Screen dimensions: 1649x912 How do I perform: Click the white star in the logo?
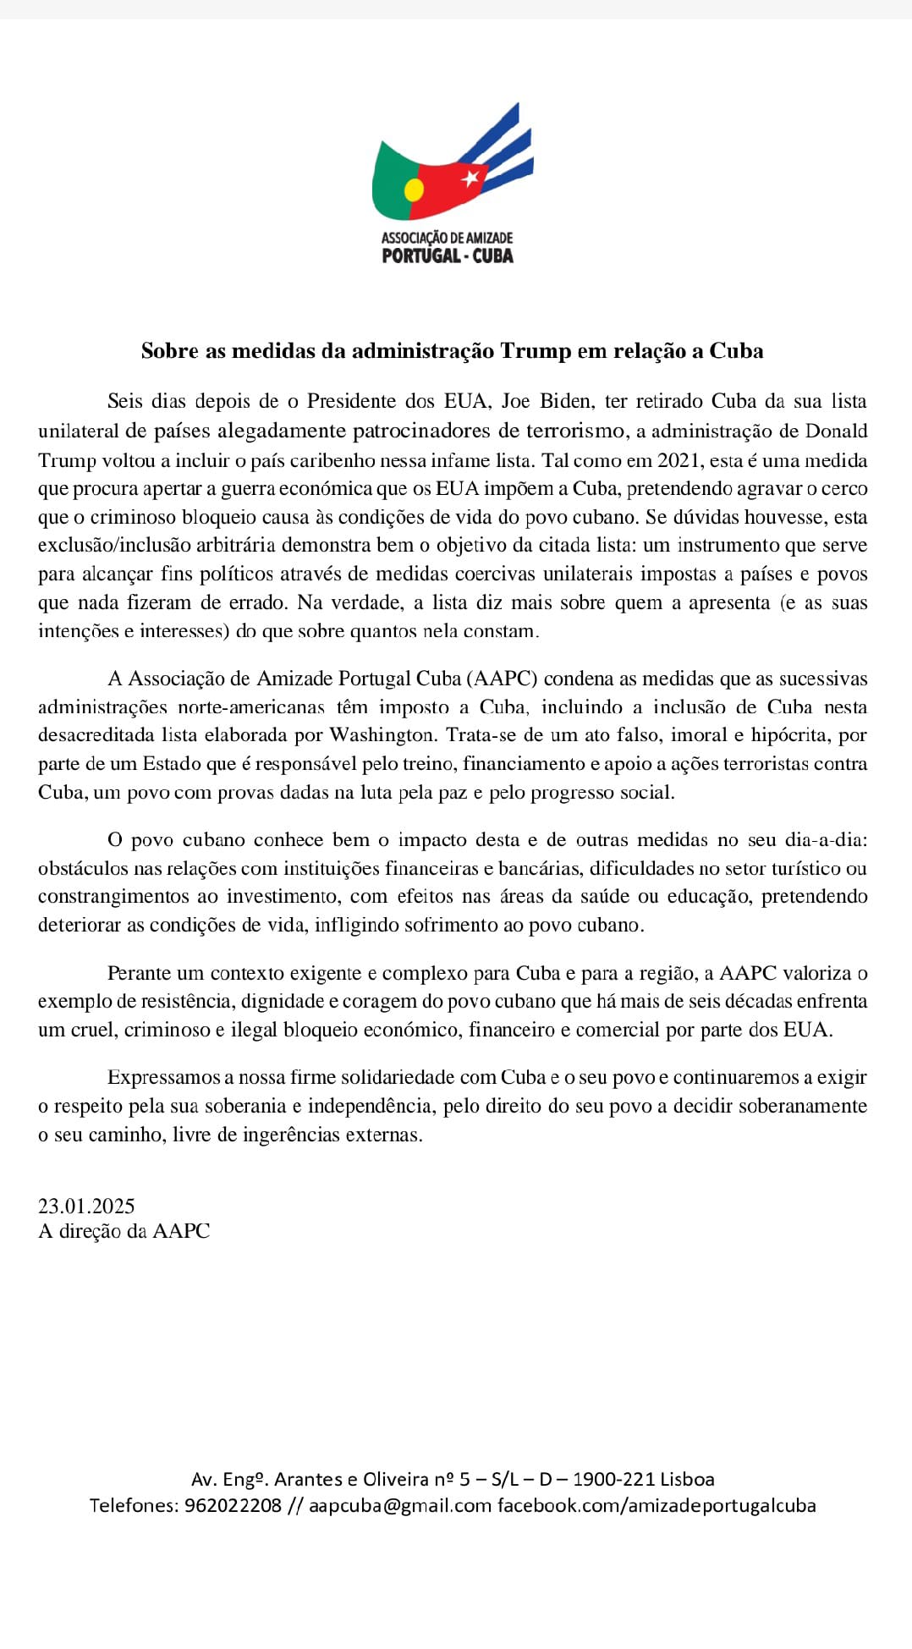tap(470, 178)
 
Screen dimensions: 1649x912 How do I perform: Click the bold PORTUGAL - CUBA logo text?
tap(448, 256)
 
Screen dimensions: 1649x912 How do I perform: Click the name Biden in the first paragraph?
tap(566, 401)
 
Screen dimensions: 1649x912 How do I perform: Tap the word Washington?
tap(382, 734)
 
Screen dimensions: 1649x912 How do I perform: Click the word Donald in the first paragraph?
tap(836, 431)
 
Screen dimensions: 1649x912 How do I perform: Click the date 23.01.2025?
tap(86, 1206)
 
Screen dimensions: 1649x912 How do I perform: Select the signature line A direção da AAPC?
tap(124, 1231)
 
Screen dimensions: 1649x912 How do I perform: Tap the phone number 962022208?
tap(233, 1505)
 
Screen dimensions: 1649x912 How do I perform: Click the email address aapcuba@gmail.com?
tap(400, 1505)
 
